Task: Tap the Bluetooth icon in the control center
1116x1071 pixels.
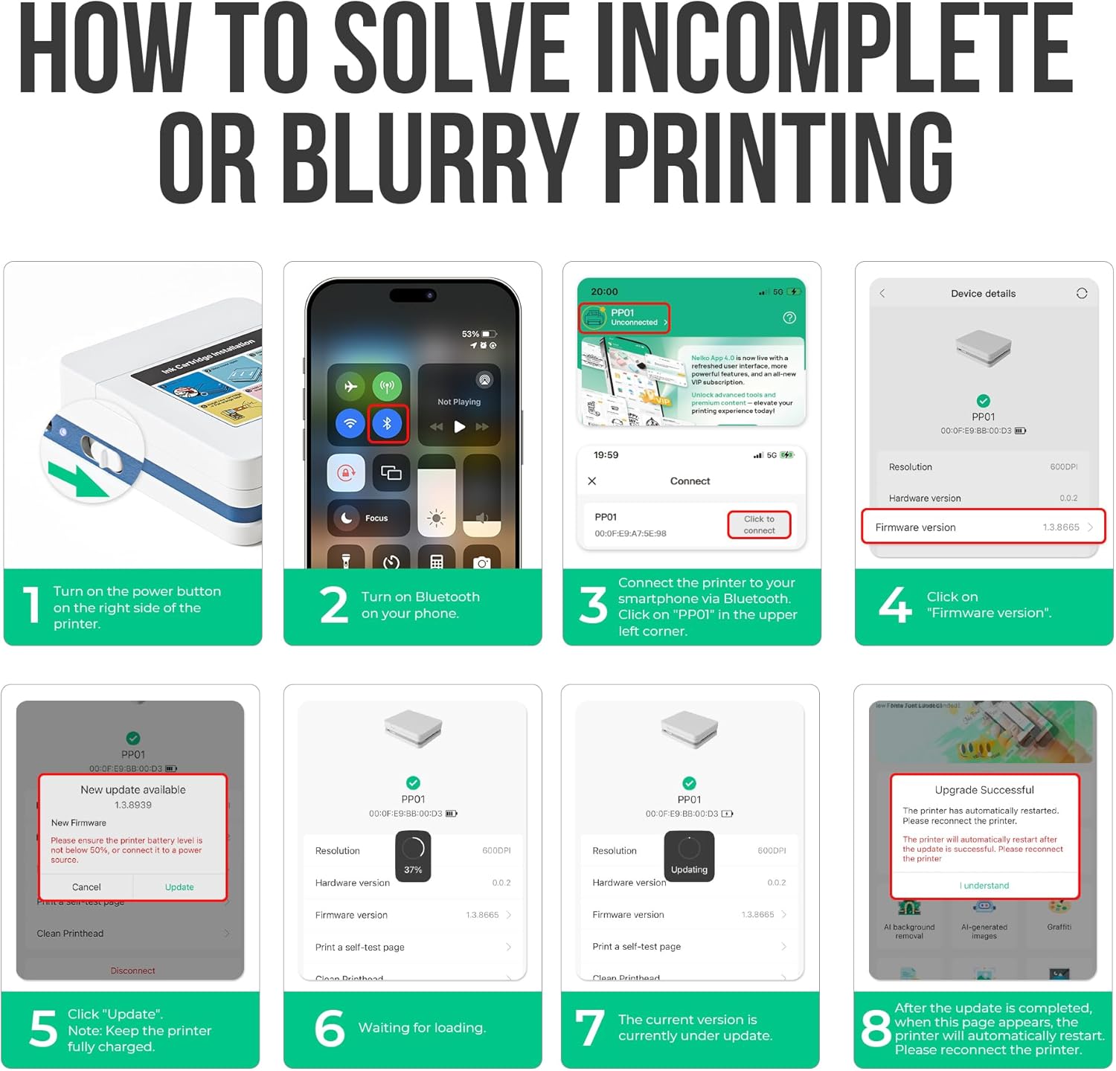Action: tap(387, 424)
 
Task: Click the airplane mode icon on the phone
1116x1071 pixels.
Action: tap(350, 386)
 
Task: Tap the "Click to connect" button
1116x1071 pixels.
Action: tap(759, 524)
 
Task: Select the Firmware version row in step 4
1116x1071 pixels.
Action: tap(983, 527)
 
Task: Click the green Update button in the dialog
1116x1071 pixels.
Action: tap(179, 887)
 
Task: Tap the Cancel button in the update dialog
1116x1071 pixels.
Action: tap(86, 887)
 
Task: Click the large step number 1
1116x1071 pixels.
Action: tap(31, 605)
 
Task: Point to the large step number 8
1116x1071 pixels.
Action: tap(876, 1029)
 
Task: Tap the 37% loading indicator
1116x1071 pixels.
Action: tap(413, 856)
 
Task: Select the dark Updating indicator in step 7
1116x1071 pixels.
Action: tap(689, 856)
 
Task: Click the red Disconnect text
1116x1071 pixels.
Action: tap(133, 971)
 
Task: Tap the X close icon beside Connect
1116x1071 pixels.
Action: tap(592, 481)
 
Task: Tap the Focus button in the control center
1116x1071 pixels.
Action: tap(368, 518)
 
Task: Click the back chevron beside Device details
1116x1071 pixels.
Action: tap(882, 294)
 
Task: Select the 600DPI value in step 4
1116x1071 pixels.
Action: tap(1063, 467)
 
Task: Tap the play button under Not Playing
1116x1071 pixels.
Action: tap(460, 427)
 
